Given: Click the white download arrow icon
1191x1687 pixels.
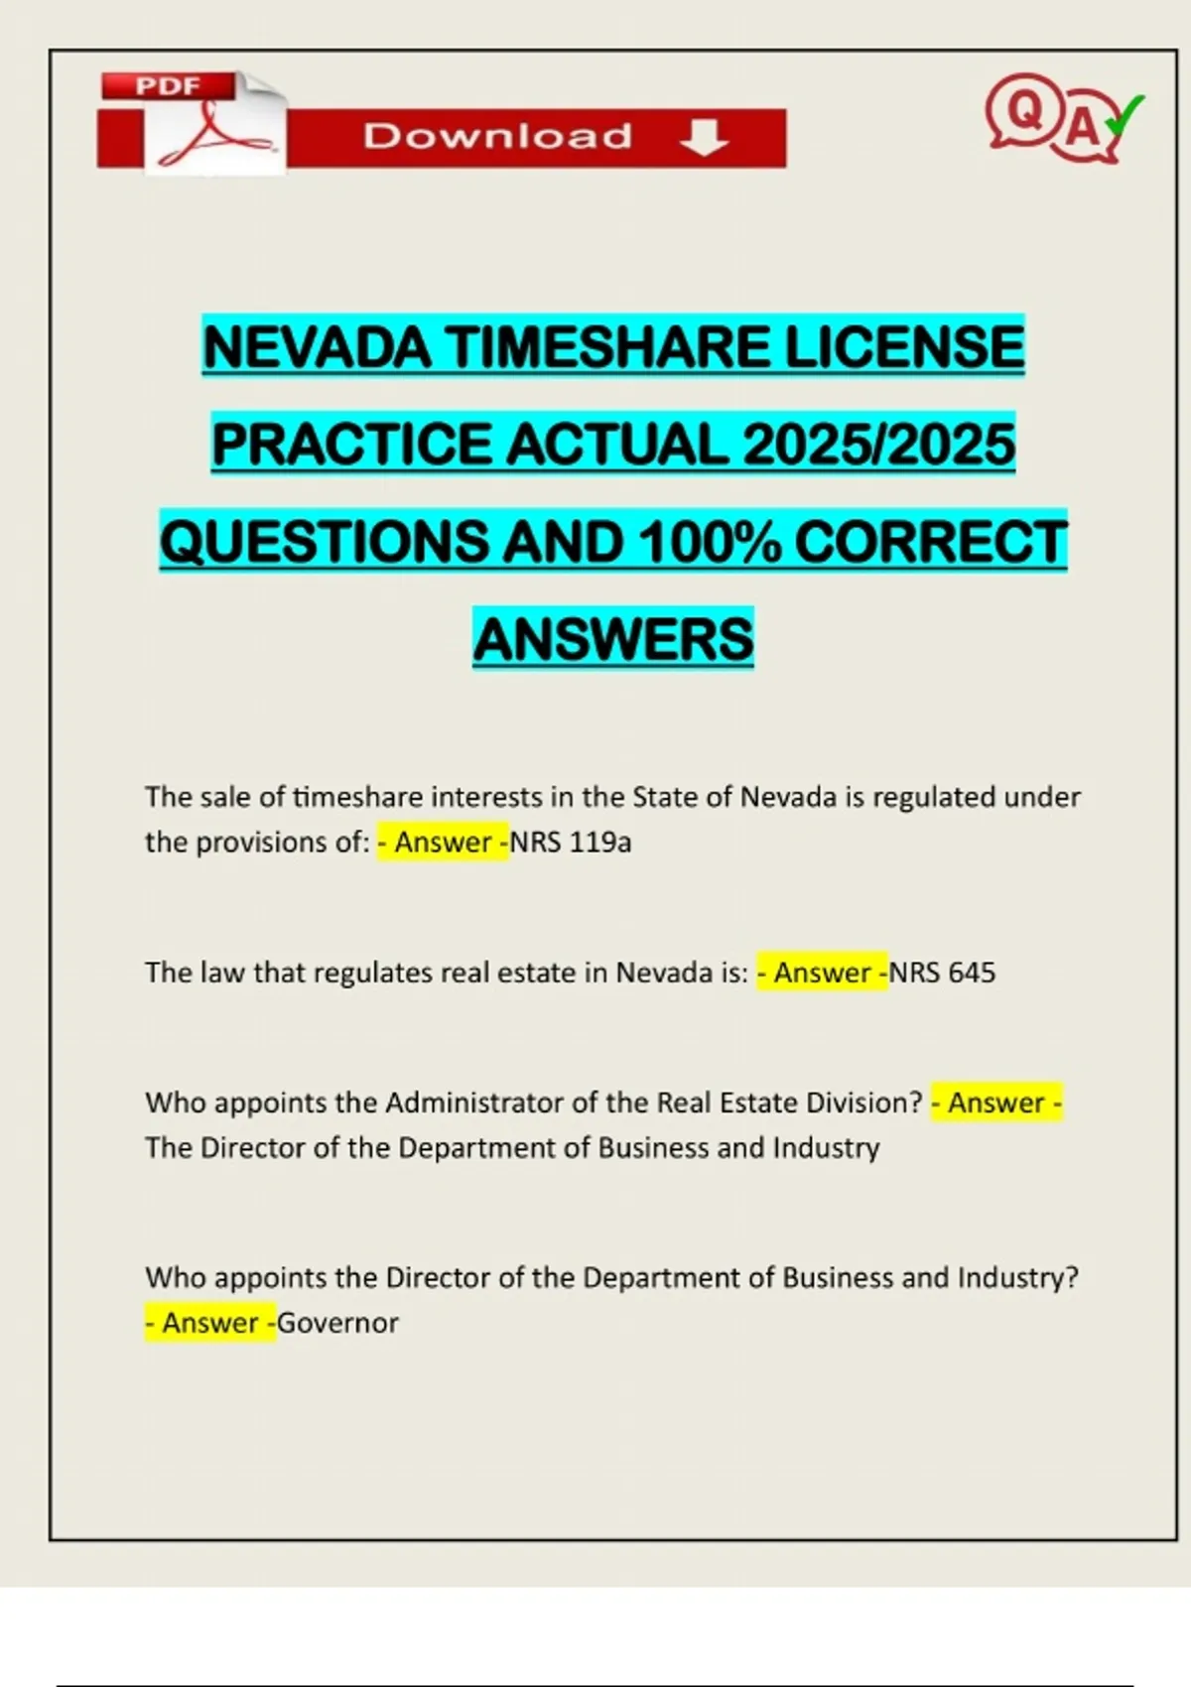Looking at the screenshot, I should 705,137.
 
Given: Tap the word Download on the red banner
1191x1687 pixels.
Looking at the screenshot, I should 497,136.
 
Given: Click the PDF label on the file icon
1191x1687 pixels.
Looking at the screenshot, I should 168,86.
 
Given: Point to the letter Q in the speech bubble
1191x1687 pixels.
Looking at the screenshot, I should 1024,110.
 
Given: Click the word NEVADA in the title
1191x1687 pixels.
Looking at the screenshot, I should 317,347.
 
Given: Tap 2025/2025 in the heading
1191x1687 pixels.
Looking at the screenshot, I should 878,444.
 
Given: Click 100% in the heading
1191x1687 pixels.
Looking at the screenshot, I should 710,542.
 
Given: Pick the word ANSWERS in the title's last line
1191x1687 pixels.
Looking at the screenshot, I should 613,639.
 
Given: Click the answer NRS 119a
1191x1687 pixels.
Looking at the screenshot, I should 571,843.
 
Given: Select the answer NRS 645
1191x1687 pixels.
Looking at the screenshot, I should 942,973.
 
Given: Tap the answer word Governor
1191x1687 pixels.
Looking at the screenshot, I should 337,1323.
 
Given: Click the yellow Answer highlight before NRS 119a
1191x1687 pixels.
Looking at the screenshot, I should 443,843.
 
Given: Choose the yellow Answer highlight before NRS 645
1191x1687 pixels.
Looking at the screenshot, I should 822,973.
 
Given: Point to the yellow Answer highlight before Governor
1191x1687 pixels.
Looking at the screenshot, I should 210,1323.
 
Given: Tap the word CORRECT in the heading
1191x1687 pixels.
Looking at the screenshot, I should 931,542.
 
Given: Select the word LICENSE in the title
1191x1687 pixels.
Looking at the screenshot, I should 904,347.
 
